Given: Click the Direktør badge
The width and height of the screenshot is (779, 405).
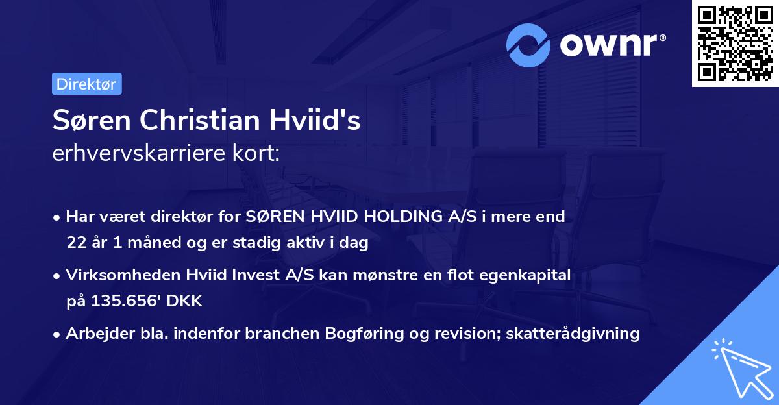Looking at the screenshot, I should [86, 84].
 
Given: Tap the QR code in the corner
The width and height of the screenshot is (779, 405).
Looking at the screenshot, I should [735, 43].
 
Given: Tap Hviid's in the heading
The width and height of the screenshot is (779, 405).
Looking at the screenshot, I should [323, 121].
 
